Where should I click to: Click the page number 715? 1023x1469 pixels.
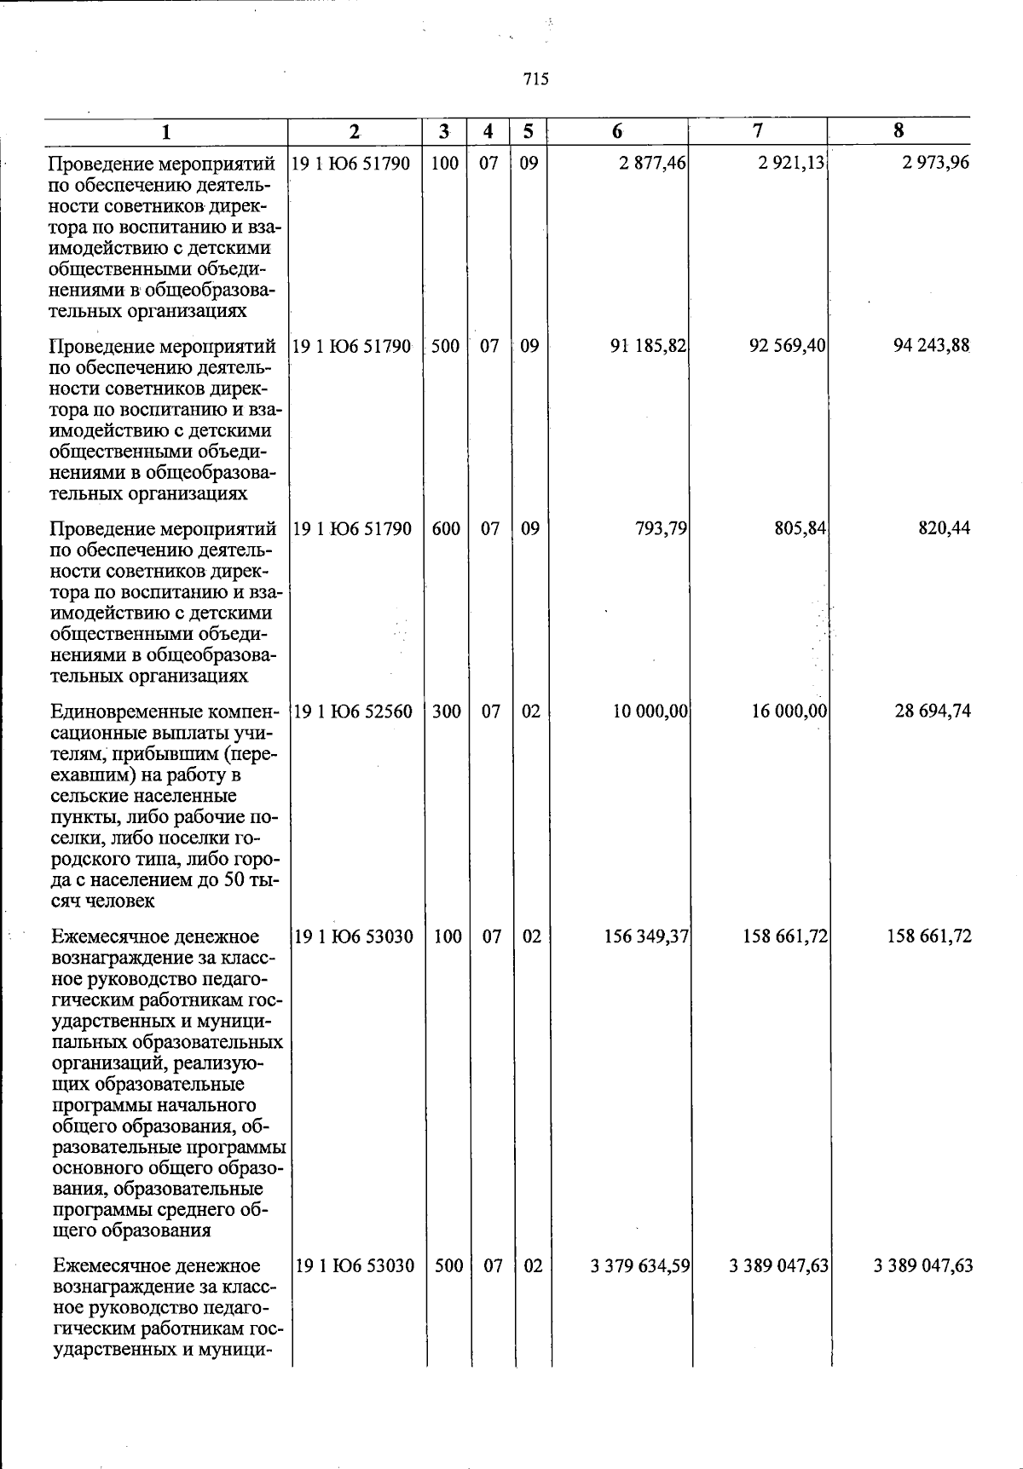click(535, 79)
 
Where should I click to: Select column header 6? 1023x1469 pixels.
click(616, 131)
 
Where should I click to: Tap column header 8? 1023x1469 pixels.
click(899, 130)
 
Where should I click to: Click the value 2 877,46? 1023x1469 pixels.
click(653, 163)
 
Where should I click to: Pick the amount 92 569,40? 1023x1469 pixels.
click(787, 346)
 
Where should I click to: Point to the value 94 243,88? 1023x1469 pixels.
click(931, 346)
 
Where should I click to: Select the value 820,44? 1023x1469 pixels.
click(945, 528)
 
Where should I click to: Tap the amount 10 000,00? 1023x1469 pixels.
click(650, 711)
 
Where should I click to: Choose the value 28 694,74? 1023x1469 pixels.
click(932, 711)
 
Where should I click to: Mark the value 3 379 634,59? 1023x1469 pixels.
click(639, 1265)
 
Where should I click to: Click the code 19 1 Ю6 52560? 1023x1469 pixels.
click(353, 711)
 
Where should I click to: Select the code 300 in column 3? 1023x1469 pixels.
click(447, 711)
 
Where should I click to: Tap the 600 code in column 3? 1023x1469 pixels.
click(446, 528)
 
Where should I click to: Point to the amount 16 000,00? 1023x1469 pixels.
click(789, 711)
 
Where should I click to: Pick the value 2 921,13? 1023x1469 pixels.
click(791, 163)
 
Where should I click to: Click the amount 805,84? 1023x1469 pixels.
click(799, 528)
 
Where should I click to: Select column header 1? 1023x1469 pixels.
click(166, 132)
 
